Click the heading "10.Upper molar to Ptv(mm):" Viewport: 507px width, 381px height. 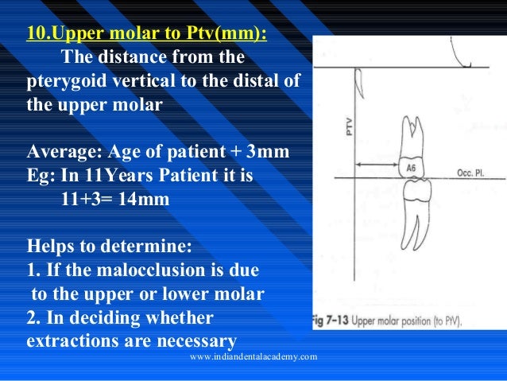tap(147, 36)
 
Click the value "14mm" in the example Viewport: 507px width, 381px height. tap(143, 199)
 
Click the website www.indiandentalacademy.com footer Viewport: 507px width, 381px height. tap(253, 357)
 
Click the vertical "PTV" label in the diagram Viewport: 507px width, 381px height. tap(347, 127)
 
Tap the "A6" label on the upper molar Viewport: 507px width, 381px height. tap(411, 169)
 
